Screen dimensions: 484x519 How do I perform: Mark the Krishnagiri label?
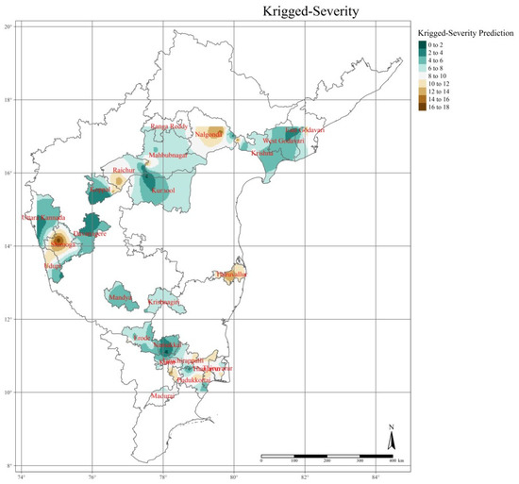coord(168,301)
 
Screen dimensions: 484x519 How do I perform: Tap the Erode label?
coord(142,336)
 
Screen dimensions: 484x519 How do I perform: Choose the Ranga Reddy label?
coord(171,126)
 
